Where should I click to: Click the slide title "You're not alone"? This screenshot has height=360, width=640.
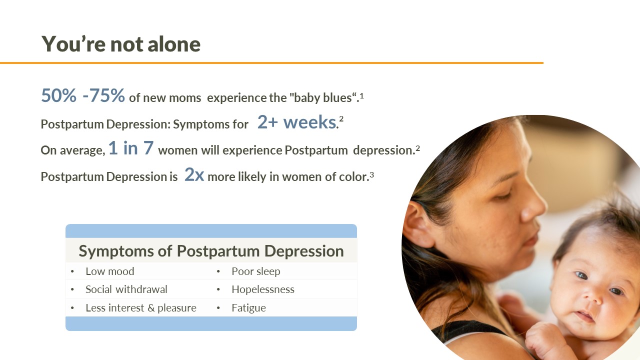tap(121, 44)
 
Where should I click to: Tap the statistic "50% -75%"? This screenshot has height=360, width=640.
tap(83, 95)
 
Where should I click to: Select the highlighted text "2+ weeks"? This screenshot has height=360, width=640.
tap(296, 122)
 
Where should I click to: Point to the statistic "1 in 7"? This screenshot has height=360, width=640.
tap(131, 149)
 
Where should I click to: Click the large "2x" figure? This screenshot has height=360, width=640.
tap(194, 175)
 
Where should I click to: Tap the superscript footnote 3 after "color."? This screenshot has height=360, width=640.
tap(372, 174)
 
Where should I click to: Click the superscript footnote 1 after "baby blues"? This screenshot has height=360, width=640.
tap(361, 95)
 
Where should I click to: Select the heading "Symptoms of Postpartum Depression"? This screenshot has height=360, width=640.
tap(211, 251)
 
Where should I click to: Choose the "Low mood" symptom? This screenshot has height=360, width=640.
tap(109, 271)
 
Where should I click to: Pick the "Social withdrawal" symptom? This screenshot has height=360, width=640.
tap(126, 289)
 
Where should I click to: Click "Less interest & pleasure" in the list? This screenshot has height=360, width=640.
tap(140, 308)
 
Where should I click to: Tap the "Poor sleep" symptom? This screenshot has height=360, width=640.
tap(255, 271)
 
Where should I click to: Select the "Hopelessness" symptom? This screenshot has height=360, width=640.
tap(262, 289)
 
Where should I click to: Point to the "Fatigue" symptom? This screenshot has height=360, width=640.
tap(248, 308)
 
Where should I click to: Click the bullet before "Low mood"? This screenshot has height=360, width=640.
tap(72, 272)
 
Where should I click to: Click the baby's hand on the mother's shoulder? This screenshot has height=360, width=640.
tap(542, 340)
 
